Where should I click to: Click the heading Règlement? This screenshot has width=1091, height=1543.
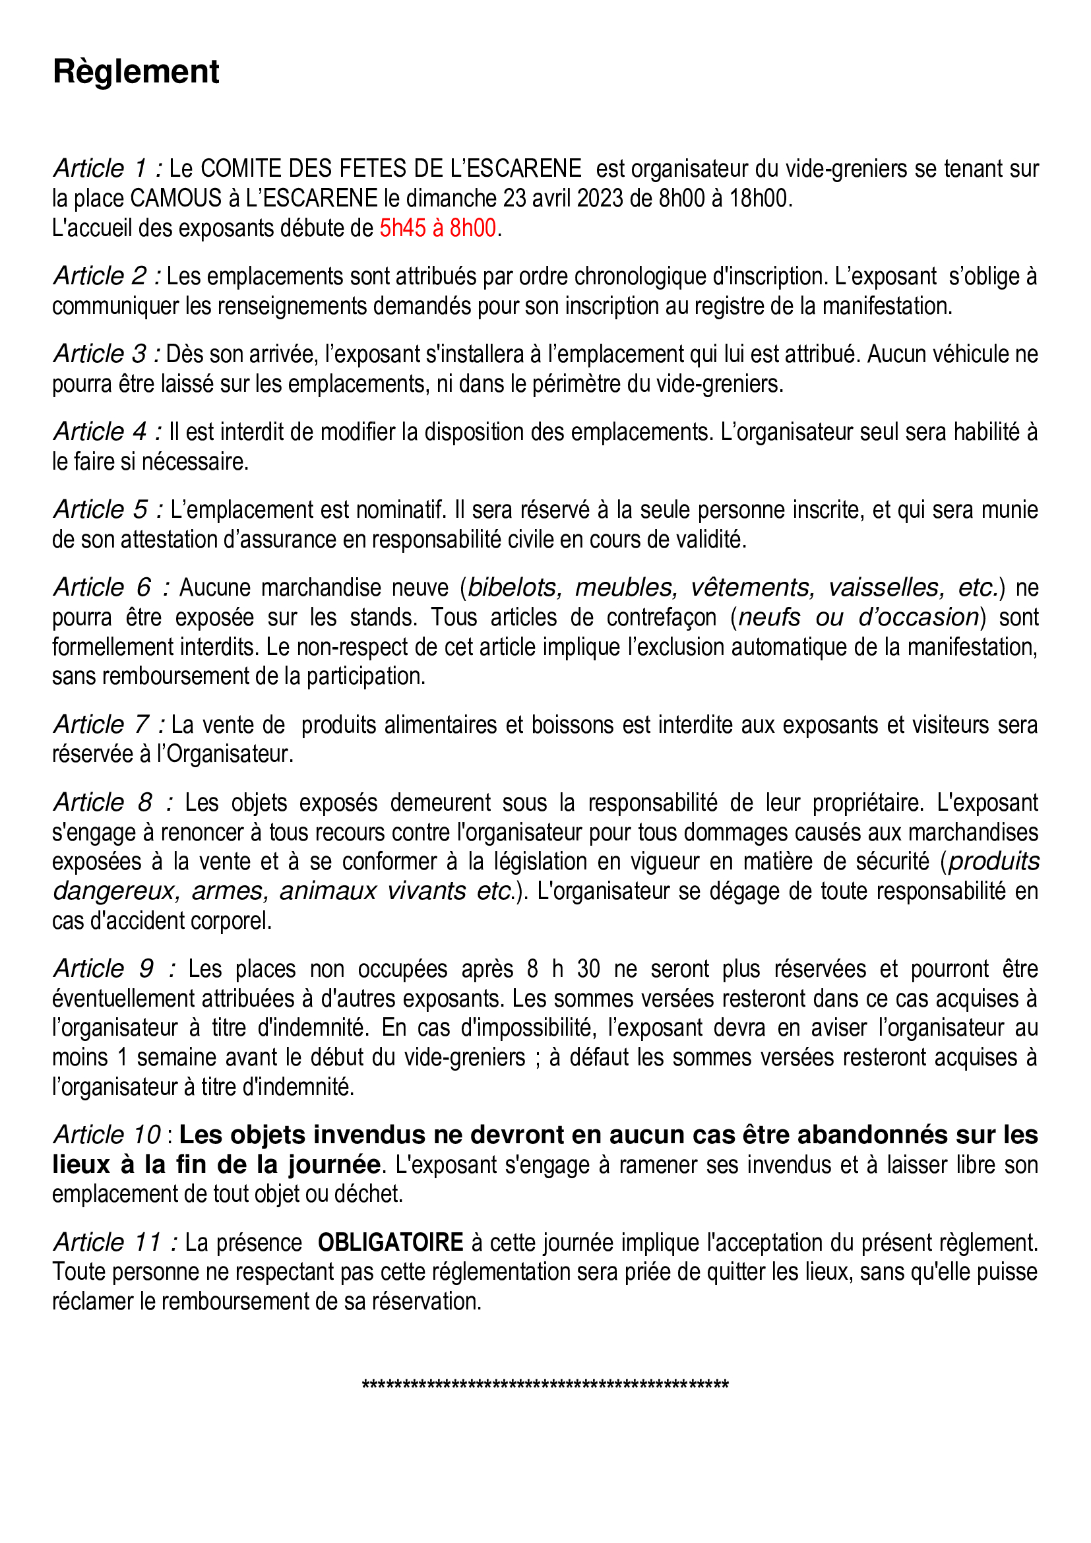click(136, 72)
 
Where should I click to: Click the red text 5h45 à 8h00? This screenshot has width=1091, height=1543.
click(437, 228)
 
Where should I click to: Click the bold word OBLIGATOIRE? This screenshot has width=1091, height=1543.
click(390, 1242)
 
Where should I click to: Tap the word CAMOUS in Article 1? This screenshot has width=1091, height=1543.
click(176, 199)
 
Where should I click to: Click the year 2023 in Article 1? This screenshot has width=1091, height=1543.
click(600, 199)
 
